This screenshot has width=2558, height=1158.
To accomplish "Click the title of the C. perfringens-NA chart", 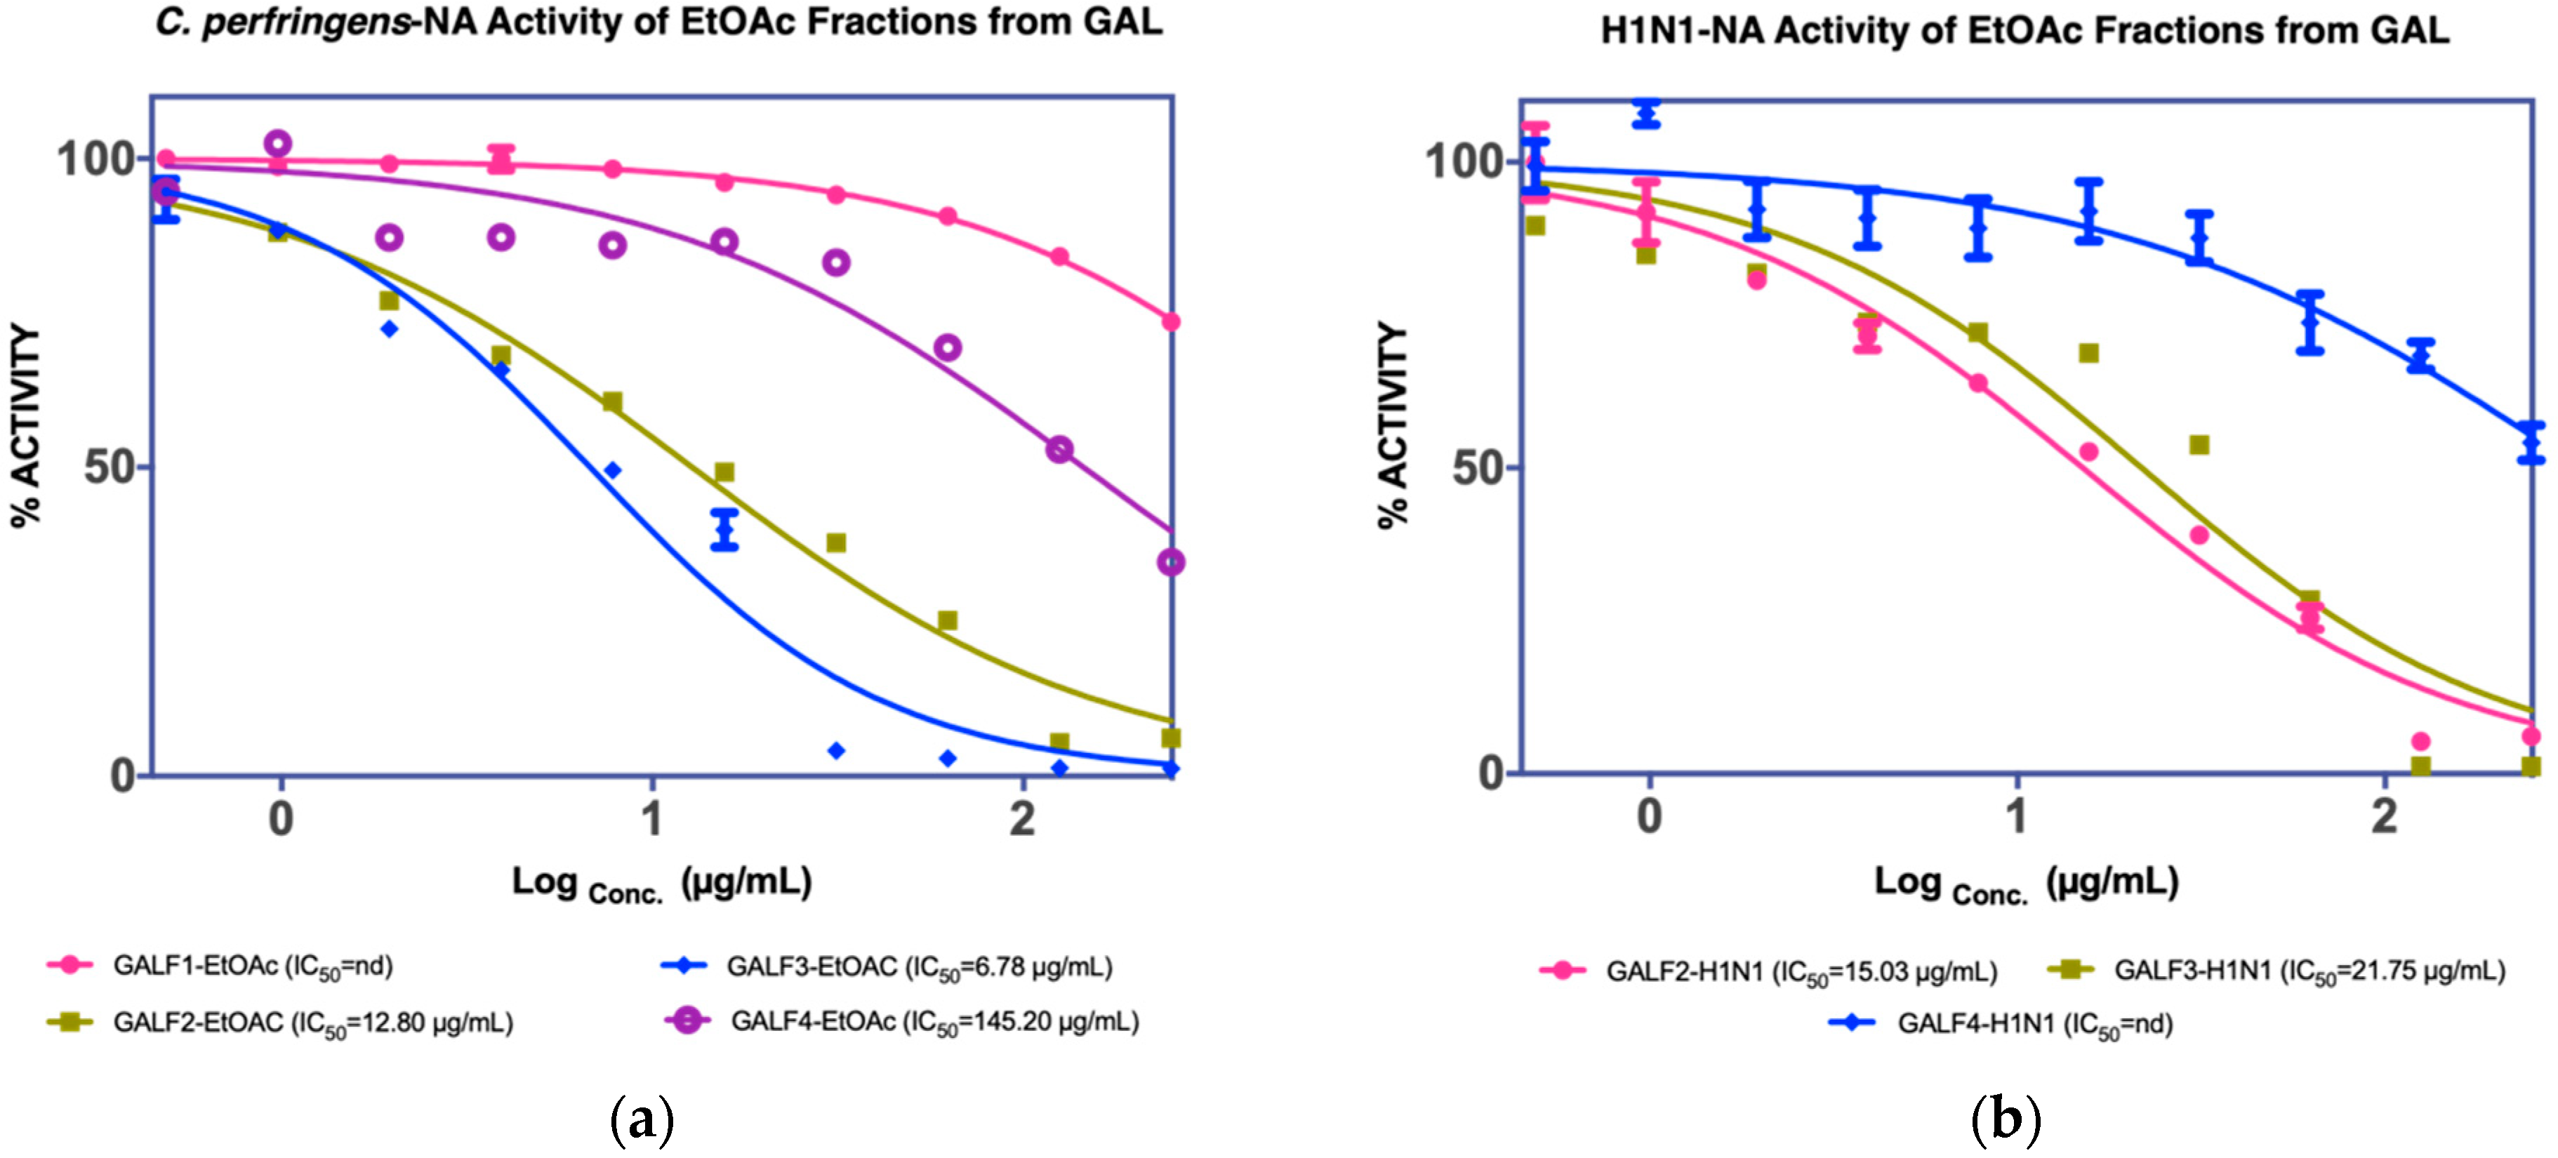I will coord(657,22).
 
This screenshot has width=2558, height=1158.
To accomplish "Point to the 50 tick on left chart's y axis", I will coord(110,466).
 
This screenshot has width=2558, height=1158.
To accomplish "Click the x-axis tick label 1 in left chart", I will coord(651,818).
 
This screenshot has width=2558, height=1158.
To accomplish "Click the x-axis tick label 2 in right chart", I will coord(2384,816).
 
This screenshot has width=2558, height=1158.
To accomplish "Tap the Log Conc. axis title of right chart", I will coord(2026,882).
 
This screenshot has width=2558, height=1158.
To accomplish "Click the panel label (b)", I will coord(2006,1119).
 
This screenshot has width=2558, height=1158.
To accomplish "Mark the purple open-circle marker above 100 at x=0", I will coord(278,144).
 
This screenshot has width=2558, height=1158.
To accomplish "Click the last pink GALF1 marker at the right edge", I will coord(1171,321).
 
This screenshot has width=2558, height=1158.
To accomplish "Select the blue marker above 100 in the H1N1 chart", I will coord(1646,112).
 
